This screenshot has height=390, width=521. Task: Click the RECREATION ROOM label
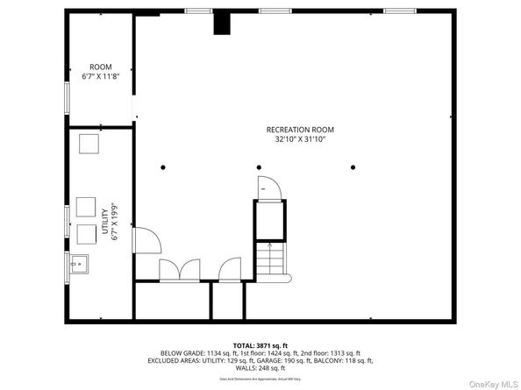(x=300, y=130)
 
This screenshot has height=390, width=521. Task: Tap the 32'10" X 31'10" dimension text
(x=300, y=139)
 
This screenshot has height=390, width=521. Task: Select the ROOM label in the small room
(x=101, y=67)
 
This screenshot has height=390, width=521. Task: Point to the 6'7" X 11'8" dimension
(x=101, y=77)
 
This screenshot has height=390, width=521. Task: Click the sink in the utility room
(x=79, y=262)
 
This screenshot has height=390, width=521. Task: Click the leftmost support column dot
(x=162, y=167)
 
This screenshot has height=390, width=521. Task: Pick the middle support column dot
(x=259, y=167)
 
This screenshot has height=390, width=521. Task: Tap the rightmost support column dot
(x=353, y=167)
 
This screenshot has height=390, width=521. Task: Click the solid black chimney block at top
(x=223, y=23)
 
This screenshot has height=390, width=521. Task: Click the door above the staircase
(x=267, y=188)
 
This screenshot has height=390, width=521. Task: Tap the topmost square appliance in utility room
(x=89, y=145)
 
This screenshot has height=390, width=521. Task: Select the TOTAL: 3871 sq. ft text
(x=260, y=345)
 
